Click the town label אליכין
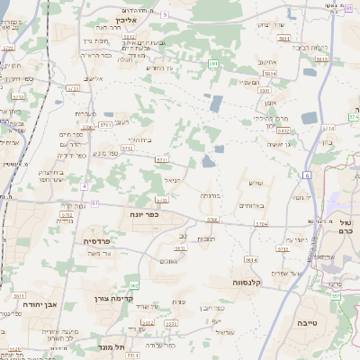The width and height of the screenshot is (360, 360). coord(124,18)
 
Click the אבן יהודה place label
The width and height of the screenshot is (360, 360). coord(37,304)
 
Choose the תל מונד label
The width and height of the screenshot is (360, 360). coord(118,346)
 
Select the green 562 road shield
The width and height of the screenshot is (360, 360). coord(133,284)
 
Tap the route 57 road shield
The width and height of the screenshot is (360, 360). coord(94,202)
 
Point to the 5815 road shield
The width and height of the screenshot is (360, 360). coord(321,59)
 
